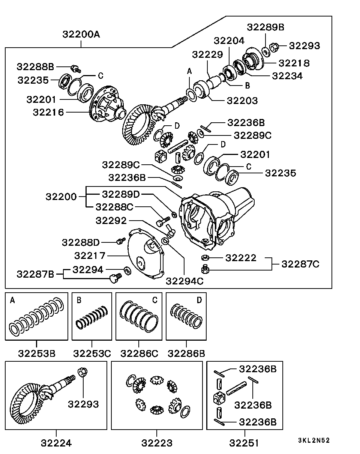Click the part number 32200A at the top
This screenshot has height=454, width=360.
click(81, 35)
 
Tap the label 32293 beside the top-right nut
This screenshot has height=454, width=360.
click(304, 46)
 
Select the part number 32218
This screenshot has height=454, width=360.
click(294, 63)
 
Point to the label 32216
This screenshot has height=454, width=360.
click(48, 112)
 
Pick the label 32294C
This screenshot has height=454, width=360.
click(184, 281)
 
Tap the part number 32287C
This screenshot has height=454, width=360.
click(300, 264)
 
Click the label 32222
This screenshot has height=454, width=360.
click(241, 258)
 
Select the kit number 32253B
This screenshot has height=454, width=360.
click(37, 353)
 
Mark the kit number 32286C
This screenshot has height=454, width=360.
click(139, 353)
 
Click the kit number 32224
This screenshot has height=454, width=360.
click(56, 443)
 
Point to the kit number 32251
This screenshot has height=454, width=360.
click(244, 443)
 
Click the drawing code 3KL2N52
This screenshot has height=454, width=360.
click(313, 440)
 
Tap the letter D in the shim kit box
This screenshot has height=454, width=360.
click(199, 300)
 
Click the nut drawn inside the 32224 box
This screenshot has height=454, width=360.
click(82, 373)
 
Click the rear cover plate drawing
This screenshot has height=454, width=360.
click(146, 255)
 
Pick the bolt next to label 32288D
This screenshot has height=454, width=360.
click(120, 241)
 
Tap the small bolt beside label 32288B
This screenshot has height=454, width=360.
click(76, 68)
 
